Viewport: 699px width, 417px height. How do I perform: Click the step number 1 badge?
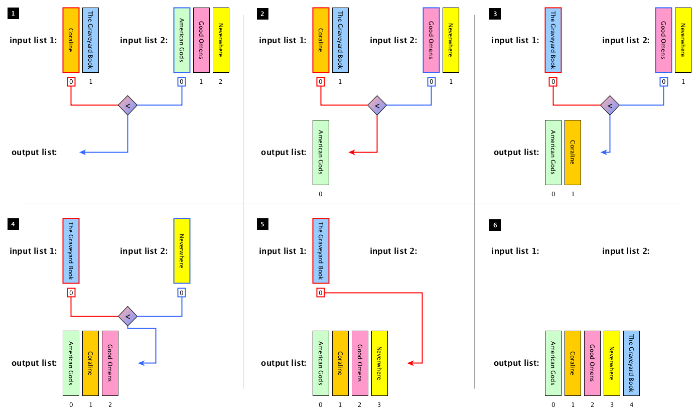click(14, 14)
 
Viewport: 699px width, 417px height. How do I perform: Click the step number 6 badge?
click(495, 225)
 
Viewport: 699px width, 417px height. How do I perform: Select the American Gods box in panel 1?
click(182, 40)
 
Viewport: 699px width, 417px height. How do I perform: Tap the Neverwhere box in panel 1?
click(221, 40)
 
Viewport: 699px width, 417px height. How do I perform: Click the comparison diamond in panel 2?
click(377, 105)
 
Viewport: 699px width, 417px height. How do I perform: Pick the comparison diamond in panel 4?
click(127, 316)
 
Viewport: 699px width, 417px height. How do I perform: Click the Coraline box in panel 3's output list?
click(573, 153)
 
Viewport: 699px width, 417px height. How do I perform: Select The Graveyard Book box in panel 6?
click(631, 363)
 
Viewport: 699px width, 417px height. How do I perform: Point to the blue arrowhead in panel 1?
click(82, 153)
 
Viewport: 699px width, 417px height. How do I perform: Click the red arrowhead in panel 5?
click(409, 363)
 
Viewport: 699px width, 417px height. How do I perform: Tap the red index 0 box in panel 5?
click(321, 293)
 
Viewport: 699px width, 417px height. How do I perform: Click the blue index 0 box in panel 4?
click(182, 293)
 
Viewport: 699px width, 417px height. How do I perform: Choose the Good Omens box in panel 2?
click(431, 40)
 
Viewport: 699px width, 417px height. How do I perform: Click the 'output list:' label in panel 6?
click(516, 363)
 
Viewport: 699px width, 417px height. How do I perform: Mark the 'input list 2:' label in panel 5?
click(393, 251)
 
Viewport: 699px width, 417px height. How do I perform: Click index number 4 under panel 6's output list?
click(631, 404)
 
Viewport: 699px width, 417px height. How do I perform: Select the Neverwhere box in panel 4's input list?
click(182, 251)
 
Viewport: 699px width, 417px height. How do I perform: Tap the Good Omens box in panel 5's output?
click(360, 363)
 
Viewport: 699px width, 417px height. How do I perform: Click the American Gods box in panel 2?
click(321, 153)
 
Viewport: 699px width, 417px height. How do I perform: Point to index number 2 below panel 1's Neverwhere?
click(221, 82)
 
